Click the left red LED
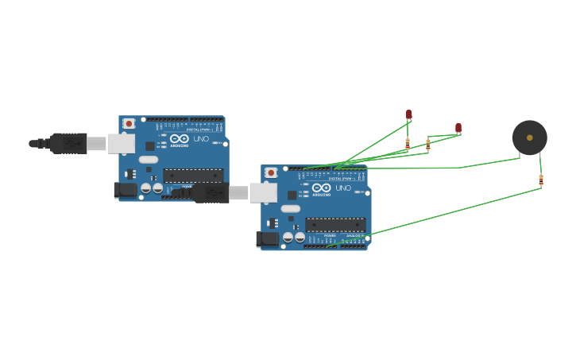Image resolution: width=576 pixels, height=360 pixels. click(x=409, y=114)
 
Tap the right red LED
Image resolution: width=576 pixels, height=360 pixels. click(x=458, y=127)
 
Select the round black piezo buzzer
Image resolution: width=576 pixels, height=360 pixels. click(x=529, y=137)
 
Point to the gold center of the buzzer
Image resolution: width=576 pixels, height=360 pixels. click(x=530, y=137)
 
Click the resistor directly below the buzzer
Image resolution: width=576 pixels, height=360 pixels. click(x=541, y=180)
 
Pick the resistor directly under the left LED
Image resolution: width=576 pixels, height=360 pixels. click(x=408, y=144)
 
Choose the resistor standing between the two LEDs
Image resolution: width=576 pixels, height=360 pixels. click(x=428, y=144)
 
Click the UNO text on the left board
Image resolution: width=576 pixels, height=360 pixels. click(x=202, y=138)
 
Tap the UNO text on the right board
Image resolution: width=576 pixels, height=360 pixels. click(x=343, y=188)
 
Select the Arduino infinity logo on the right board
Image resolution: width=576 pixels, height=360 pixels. click(x=321, y=188)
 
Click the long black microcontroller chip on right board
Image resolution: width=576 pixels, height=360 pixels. click(x=335, y=225)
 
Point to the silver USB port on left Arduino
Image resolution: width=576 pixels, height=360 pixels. click(x=121, y=143)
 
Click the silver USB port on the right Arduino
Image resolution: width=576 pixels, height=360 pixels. click(x=263, y=192)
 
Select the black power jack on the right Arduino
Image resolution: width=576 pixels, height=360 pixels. click(x=269, y=238)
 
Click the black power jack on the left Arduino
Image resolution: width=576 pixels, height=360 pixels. click(x=126, y=189)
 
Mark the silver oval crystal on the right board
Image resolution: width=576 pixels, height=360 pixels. click(x=291, y=208)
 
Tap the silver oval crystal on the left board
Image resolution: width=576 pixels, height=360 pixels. click(x=149, y=159)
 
